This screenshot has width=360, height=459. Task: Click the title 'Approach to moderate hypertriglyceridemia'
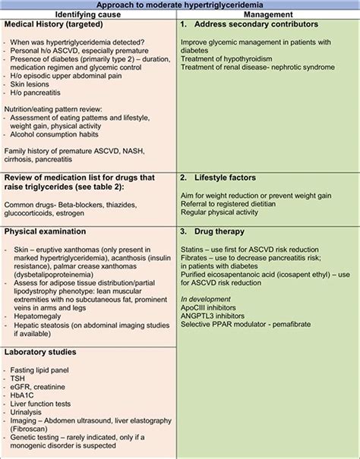pyautogui.click(x=179, y=5)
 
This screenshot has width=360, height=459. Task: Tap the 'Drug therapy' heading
pyautogui.click(x=227, y=231)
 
